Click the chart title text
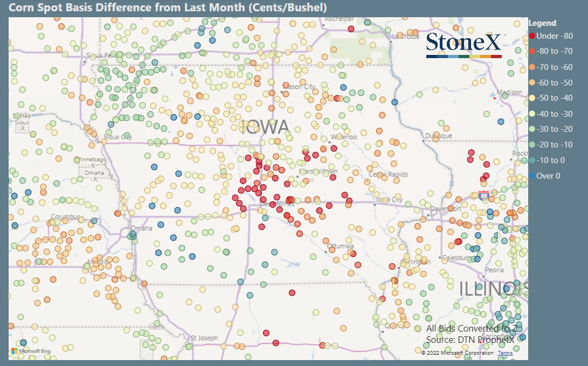coord(168,8)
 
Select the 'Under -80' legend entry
coord(554,36)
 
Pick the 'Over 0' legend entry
coord(548,175)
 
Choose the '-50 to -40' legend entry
coord(554,98)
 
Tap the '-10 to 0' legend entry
coord(551,160)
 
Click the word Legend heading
coord(542,23)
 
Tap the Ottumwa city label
coord(340,246)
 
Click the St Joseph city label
coord(204,338)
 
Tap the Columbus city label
coord(64,217)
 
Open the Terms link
coord(505,353)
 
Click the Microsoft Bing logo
coord(30,351)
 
